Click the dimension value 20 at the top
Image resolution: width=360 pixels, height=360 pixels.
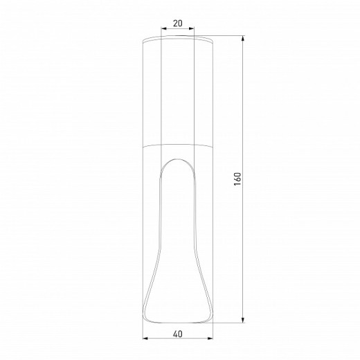177,24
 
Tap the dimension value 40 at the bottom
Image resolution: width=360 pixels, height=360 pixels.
178,334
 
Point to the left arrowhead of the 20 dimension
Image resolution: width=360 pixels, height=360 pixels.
162,30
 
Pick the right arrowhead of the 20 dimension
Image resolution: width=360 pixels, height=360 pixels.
193,30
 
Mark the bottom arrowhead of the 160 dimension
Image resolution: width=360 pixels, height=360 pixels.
244,321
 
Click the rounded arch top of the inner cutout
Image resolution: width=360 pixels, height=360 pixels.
177,159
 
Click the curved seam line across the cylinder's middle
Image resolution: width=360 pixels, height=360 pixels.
177,147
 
